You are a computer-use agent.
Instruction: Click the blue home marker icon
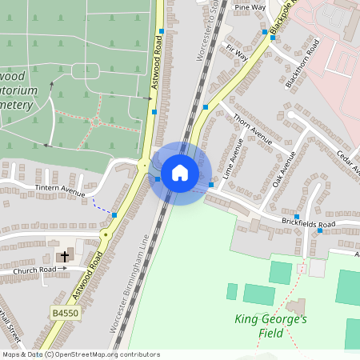point(180,173)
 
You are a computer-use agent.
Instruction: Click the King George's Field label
point(271,326)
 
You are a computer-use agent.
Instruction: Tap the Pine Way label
point(250,7)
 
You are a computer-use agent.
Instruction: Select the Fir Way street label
point(237,54)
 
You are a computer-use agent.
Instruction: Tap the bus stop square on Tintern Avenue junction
point(114,215)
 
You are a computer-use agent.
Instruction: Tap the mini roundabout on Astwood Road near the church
point(104,234)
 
